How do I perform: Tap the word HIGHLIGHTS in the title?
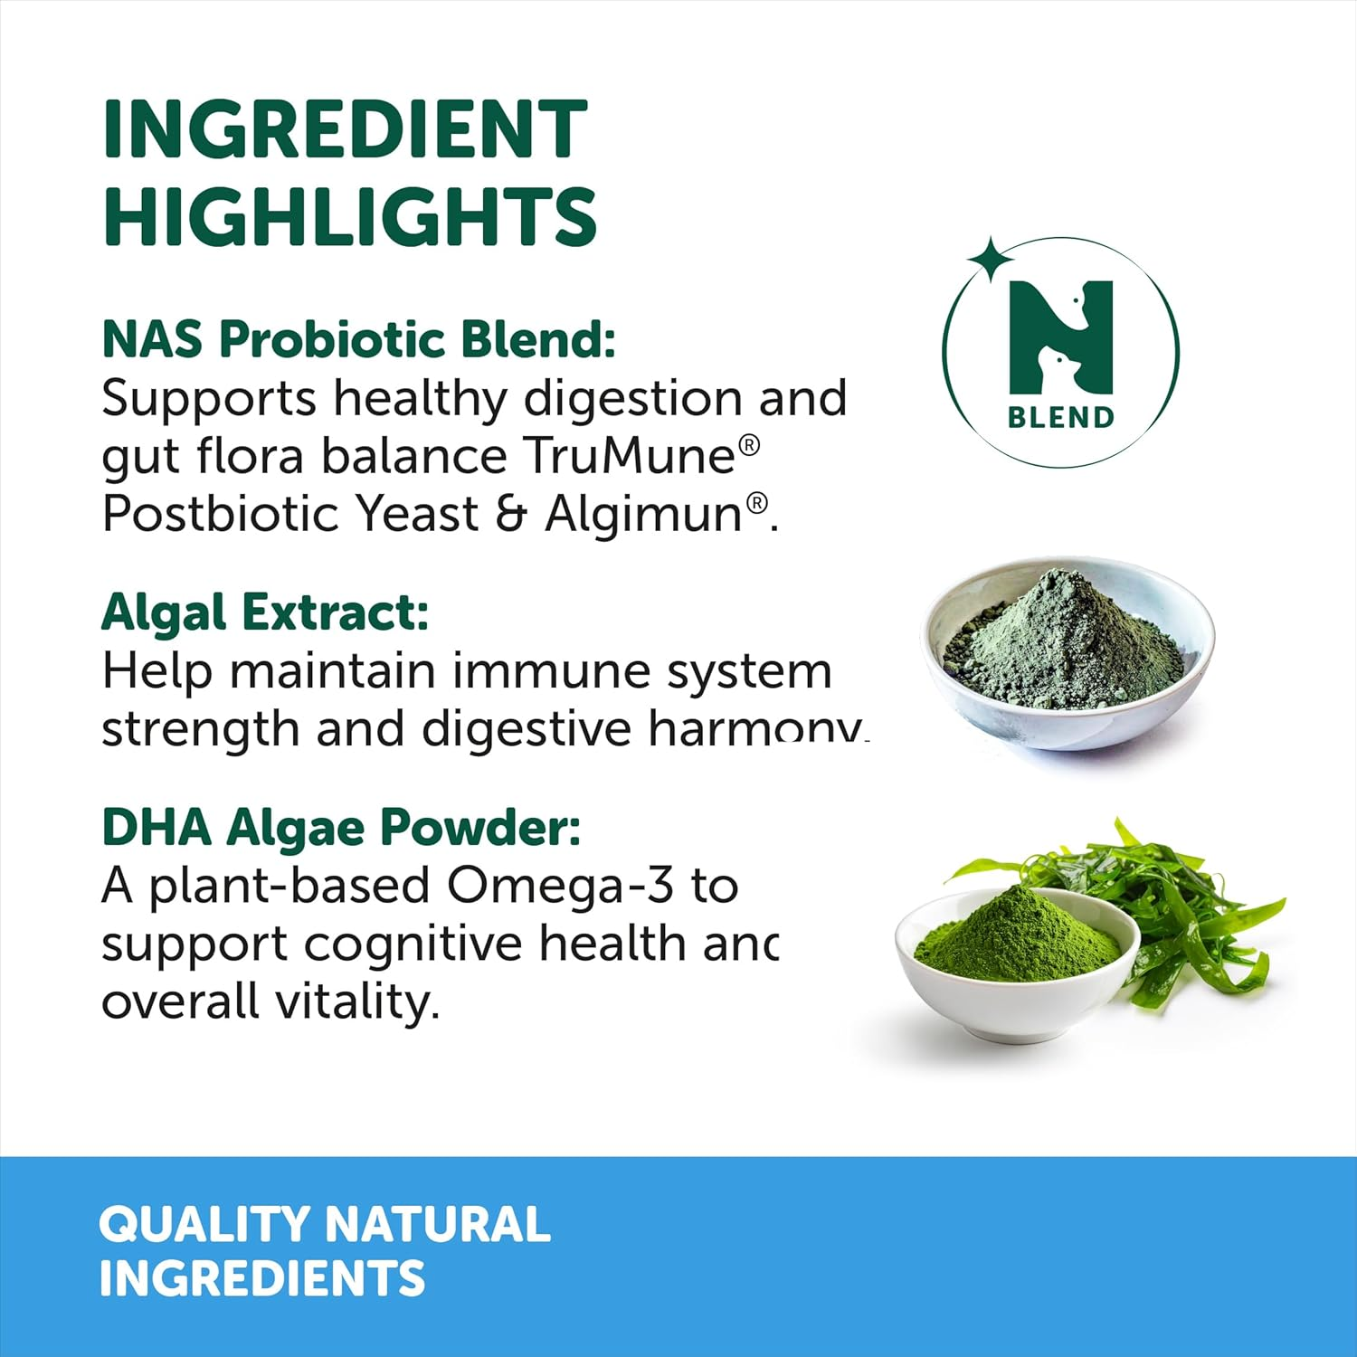350,216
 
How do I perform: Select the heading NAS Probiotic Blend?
358,340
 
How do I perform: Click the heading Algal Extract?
264,613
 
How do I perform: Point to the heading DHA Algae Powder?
341,827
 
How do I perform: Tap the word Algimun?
644,514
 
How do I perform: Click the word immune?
550,672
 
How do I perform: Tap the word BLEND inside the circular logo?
1060,418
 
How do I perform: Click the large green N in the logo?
1060,337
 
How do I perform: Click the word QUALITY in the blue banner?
204,1224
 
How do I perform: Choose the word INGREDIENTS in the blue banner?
261,1278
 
